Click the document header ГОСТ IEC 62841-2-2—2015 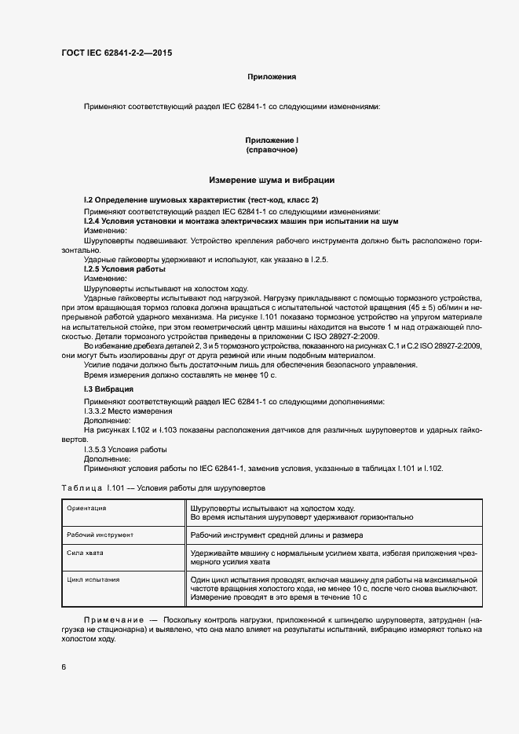pyautogui.click(x=116, y=53)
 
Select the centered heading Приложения pyautogui.click(x=272, y=77)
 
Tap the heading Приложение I pyautogui.click(x=272, y=140)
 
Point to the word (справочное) pyautogui.click(x=272, y=149)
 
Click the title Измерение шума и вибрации pyautogui.click(x=272, y=180)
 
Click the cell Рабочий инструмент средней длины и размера pyautogui.click(x=276, y=535)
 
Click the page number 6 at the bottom pyautogui.click(x=64, y=667)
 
